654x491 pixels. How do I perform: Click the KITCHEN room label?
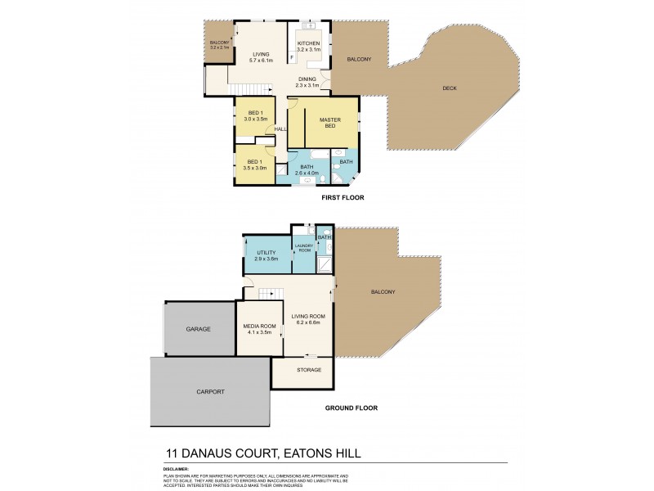coord(308,43)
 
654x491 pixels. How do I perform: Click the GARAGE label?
coord(198,329)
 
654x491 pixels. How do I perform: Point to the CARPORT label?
coord(211,392)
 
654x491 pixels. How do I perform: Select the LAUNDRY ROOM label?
coord(304,247)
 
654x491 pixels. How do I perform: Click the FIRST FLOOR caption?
coord(343,198)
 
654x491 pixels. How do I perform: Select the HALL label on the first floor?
coord(280,129)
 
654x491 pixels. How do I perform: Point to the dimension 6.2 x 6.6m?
coord(310,322)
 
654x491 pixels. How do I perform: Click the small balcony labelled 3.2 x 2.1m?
coord(219,45)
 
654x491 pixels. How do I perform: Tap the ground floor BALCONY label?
coord(383,292)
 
